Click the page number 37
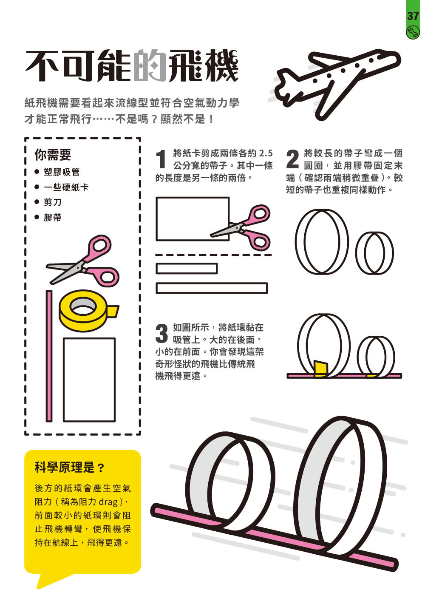413,16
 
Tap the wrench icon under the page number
412,32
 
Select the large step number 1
161,160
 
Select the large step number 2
292,160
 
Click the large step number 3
161,334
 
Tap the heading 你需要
53,155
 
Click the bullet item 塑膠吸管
62,172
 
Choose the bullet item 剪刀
53,202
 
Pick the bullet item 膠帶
53,218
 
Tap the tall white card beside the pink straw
89,380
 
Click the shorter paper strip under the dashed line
187,269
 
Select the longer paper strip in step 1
212,288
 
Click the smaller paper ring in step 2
374,253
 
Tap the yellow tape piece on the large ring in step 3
320,369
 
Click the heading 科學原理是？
69,468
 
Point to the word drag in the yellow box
108,502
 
